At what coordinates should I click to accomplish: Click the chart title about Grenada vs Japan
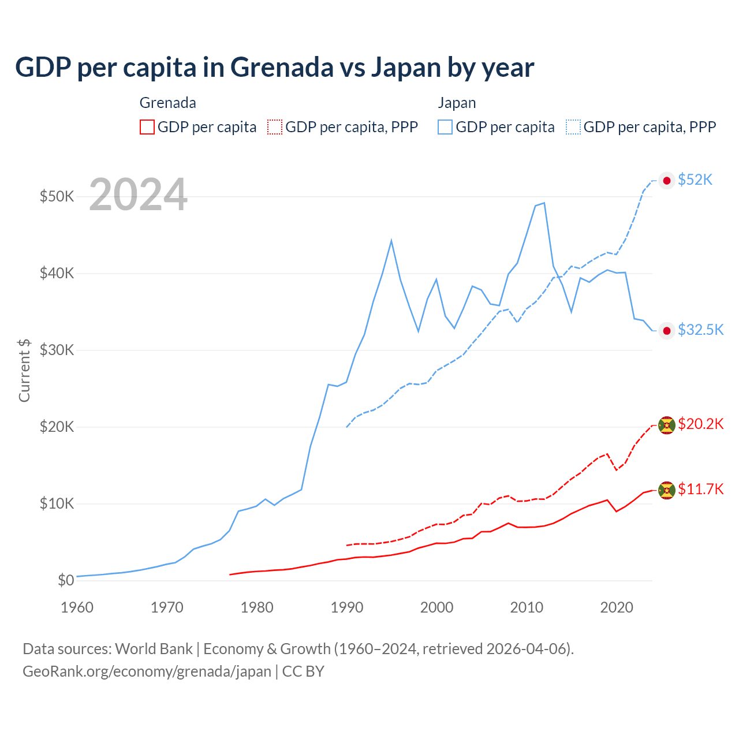click(274, 68)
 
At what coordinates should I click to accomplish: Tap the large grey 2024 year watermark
click(138, 195)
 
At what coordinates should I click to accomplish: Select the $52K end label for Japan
click(695, 180)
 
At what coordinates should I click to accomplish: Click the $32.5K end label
click(700, 330)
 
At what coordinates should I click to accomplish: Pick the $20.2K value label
click(700, 424)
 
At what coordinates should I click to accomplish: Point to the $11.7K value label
click(700, 490)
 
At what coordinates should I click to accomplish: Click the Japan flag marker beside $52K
click(667, 181)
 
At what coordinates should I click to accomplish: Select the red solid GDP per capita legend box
click(147, 127)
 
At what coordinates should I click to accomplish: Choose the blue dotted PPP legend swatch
click(573, 127)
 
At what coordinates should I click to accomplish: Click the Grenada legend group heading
click(168, 103)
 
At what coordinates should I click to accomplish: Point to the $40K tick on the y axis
click(57, 273)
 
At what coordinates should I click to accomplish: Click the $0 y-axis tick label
click(66, 580)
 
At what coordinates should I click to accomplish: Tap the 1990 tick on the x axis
click(346, 607)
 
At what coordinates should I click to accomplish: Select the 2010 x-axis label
click(527, 607)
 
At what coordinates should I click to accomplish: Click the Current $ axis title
click(24, 370)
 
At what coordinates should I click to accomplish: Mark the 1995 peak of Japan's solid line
click(391, 240)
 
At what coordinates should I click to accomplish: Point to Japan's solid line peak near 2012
click(544, 203)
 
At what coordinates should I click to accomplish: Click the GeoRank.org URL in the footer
click(147, 671)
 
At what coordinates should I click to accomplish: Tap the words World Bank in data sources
click(154, 649)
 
